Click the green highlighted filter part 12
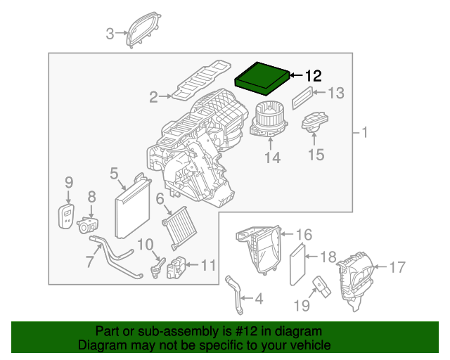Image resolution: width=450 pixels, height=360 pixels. [x=262, y=79]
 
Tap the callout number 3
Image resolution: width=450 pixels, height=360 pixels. [x=110, y=33]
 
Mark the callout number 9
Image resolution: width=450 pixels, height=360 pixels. [x=69, y=182]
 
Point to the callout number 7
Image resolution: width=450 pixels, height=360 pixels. [x=89, y=262]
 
